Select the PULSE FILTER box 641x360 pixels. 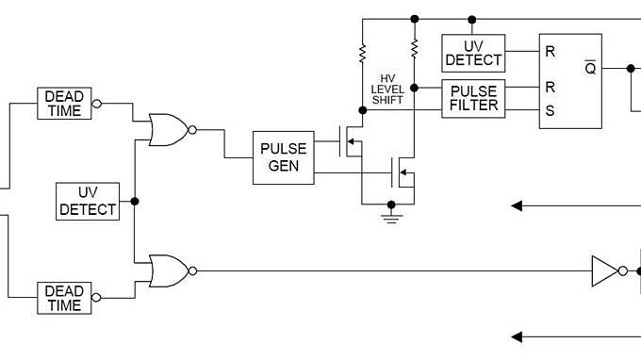(x=473, y=99)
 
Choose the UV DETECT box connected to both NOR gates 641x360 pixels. (x=89, y=201)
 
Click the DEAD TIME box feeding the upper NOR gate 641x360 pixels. (x=64, y=104)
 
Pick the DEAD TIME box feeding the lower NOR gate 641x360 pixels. (x=64, y=298)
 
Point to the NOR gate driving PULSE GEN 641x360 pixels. (x=168, y=129)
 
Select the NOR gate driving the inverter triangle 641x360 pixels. (x=168, y=270)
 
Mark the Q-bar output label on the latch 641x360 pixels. (x=590, y=68)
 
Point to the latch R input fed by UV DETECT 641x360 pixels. (x=550, y=52)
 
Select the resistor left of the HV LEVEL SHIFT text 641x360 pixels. (x=363, y=55)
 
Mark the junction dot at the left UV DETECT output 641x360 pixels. (x=136, y=201)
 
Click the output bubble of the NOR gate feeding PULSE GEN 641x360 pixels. (x=192, y=129)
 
